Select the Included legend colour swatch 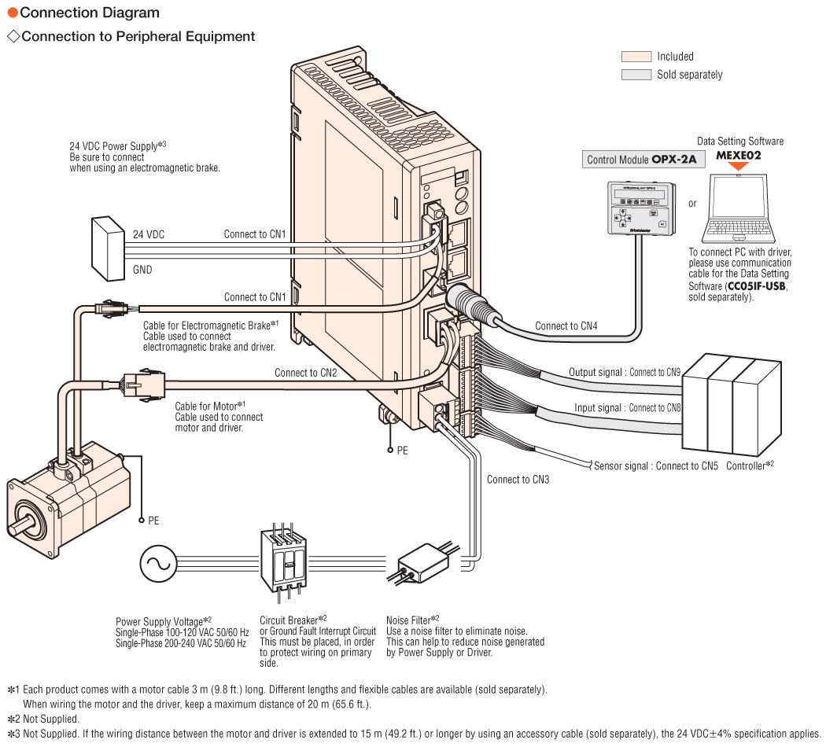[x=636, y=57]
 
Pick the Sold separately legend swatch [x=636, y=75]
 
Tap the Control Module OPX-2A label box [x=643, y=160]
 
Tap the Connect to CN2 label [x=305, y=373]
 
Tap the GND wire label [x=142, y=270]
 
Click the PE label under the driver [x=402, y=451]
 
